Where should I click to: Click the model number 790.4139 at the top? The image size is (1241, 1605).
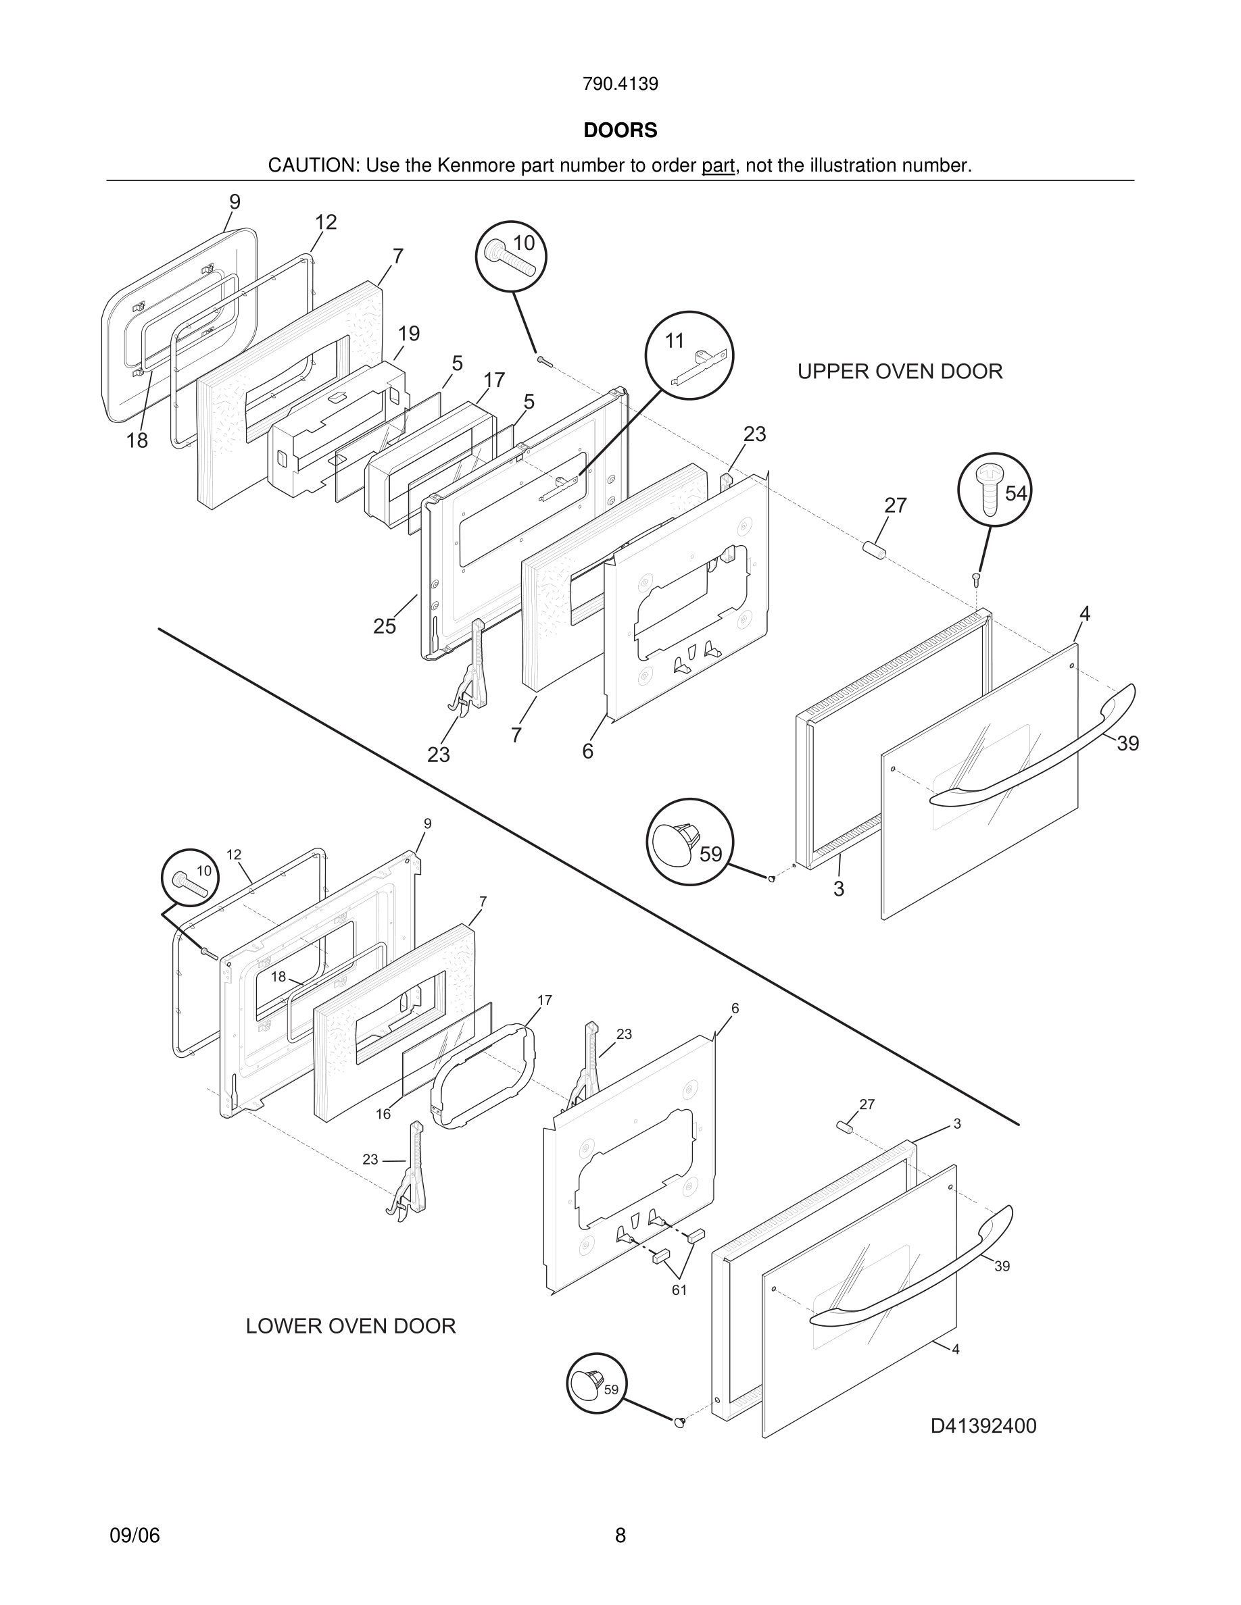(x=620, y=84)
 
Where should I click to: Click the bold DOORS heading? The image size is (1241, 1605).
(x=620, y=131)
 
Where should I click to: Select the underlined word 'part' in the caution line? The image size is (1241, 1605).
(x=718, y=166)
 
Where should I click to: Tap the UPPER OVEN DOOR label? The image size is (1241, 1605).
(x=899, y=372)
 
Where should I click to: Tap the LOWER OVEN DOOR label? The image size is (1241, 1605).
(x=351, y=1326)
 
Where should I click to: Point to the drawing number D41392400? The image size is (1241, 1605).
(x=983, y=1427)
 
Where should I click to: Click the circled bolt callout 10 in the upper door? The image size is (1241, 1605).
(x=511, y=257)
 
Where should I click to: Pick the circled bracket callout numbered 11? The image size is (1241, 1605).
(x=689, y=356)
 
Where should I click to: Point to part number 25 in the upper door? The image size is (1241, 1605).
(x=385, y=626)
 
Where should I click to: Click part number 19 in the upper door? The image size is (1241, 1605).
(x=409, y=334)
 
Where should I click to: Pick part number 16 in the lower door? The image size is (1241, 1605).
(x=383, y=1114)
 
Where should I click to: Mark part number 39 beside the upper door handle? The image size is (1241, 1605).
(x=1127, y=744)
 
